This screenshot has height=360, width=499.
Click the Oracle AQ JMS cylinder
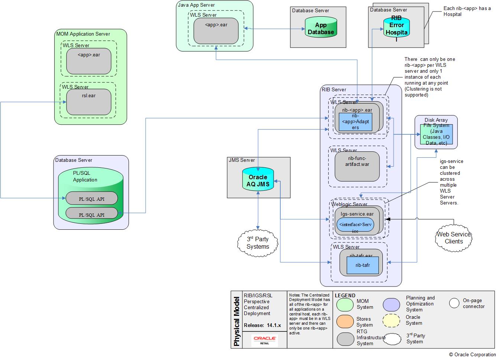[258, 180]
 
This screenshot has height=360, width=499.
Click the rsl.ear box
[89, 102]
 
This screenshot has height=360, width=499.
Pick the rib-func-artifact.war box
[357, 166]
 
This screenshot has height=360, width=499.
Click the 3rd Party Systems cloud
[258, 243]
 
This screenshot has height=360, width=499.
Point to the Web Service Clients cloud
[454, 238]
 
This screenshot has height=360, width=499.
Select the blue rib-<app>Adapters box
[355, 122]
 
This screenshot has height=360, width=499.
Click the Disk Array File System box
[436, 132]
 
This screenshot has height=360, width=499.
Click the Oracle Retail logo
[264, 340]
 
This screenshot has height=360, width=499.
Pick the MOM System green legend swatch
[345, 304]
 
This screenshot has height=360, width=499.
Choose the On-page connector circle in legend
[454, 303]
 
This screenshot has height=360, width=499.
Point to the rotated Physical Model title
[237, 321]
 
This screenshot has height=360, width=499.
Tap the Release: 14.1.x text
[262, 325]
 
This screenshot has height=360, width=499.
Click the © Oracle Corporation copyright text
[472, 354]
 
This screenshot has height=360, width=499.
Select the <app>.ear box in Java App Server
[216, 30]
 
